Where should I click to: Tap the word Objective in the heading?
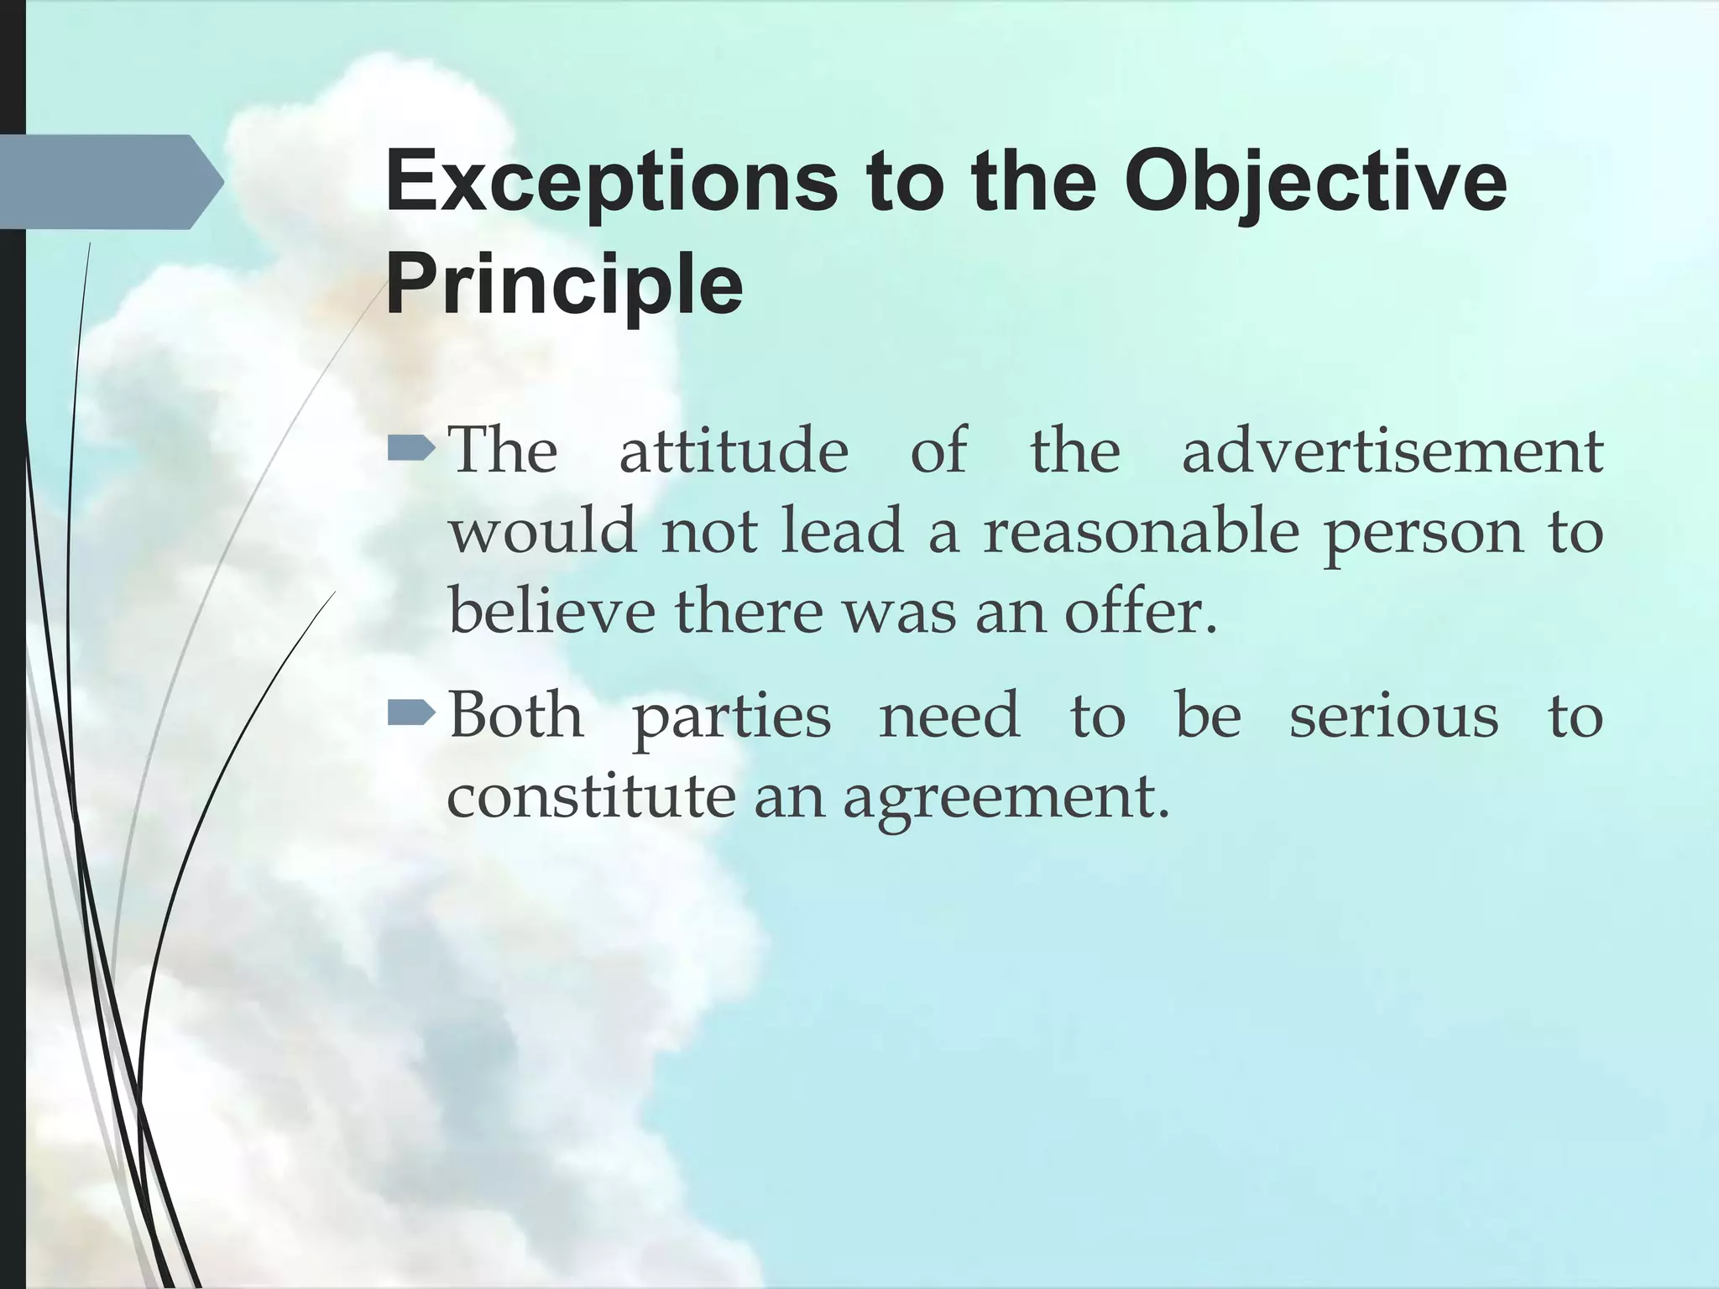pyautogui.click(x=1315, y=183)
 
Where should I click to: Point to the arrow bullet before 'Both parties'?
pyautogui.click(x=411, y=715)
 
